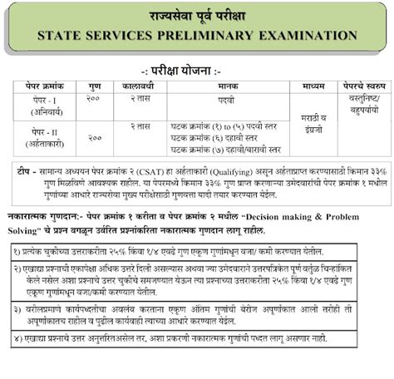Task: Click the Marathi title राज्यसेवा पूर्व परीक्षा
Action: pos(197,15)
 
